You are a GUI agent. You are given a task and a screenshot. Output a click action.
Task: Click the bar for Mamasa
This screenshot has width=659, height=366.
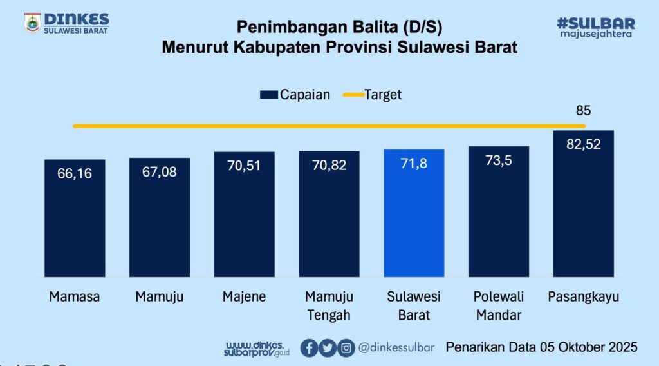tap(75, 219)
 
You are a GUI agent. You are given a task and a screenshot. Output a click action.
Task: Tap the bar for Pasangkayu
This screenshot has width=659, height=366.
tap(583, 206)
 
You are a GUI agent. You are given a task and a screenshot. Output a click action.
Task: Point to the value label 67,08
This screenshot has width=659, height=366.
tap(160, 172)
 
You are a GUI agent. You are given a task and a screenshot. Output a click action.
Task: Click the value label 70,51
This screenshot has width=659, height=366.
tap(244, 166)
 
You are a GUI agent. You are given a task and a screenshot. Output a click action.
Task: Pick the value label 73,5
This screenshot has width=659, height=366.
tap(498, 160)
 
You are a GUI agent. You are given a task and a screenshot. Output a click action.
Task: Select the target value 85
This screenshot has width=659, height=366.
tap(583, 110)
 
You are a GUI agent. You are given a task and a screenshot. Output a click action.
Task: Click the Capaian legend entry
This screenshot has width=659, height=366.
tap(295, 95)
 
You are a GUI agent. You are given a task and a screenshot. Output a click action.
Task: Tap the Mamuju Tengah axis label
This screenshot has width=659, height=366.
tap(328, 305)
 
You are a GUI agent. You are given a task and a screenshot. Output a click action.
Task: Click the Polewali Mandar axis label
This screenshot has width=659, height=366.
tap(498, 305)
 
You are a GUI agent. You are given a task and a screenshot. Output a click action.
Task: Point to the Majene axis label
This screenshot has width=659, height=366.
tap(244, 297)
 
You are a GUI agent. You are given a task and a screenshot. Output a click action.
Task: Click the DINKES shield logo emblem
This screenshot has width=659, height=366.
tap(32, 22)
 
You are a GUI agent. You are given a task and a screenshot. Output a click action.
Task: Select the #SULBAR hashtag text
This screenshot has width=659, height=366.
tap(595, 23)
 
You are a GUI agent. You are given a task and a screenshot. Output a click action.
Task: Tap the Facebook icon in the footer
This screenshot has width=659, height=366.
tap(309, 348)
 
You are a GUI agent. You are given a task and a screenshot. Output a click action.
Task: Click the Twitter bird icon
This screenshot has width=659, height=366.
tap(328, 348)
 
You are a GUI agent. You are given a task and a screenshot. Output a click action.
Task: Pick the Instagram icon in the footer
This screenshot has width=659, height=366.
tap(346, 348)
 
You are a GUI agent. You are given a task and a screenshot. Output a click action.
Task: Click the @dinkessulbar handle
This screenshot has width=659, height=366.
tap(396, 348)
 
